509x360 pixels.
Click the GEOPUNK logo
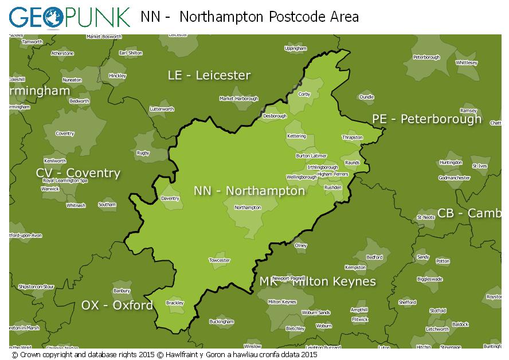pos(69,17)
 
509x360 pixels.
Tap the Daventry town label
pos(170,199)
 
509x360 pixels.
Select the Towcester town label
pos(220,260)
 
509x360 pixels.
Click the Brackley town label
pos(174,303)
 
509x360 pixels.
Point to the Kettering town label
pos(296,136)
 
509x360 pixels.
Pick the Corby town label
pos(304,94)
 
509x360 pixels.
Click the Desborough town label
pos(275,116)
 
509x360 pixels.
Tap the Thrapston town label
pos(352,138)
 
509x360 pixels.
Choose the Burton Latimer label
pos(311,156)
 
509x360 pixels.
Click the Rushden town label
pos(333,187)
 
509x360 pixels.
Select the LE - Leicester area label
pos(209,76)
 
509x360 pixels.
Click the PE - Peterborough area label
pos(426,119)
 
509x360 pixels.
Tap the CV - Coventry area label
pos(78,173)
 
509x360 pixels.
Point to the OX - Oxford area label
pos(117,305)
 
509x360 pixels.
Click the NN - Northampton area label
pos(249,191)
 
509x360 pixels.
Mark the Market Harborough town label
pos(239,99)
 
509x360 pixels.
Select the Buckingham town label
pos(221,322)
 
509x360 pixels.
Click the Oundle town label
pos(366,97)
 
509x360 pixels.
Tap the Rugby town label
pos(143,153)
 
